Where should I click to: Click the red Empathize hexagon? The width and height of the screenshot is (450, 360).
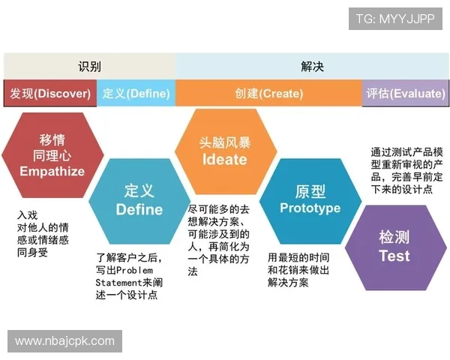[x=52, y=155]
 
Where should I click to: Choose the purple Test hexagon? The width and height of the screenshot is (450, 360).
[x=394, y=246]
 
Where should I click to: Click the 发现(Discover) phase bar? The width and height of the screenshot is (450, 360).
[x=50, y=94]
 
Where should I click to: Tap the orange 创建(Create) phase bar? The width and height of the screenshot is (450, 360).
[x=268, y=94]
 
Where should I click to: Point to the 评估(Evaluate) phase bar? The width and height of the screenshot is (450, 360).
[x=404, y=94]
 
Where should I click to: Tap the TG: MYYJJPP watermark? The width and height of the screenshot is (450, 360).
[x=395, y=19]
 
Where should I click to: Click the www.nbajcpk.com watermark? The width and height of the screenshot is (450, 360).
[x=65, y=341]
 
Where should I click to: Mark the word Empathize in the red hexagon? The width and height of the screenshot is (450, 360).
[x=52, y=172]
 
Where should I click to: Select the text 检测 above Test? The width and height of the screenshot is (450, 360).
[x=394, y=238]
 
